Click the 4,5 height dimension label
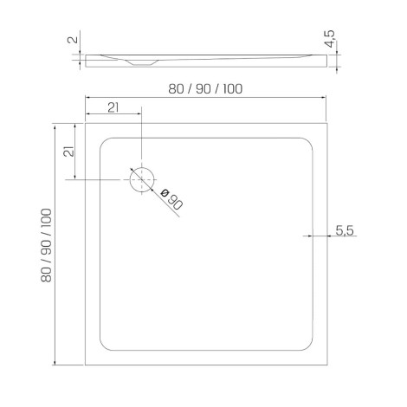tap(329, 38)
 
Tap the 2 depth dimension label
tap(73, 39)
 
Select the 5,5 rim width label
tap(345, 230)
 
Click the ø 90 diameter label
tap(171, 199)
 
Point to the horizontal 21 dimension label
tap(113, 107)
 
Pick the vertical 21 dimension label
tap(68, 151)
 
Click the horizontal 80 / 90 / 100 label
tap(205, 89)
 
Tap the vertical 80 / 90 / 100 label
tap(46, 245)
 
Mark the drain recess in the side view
tap(141, 62)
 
